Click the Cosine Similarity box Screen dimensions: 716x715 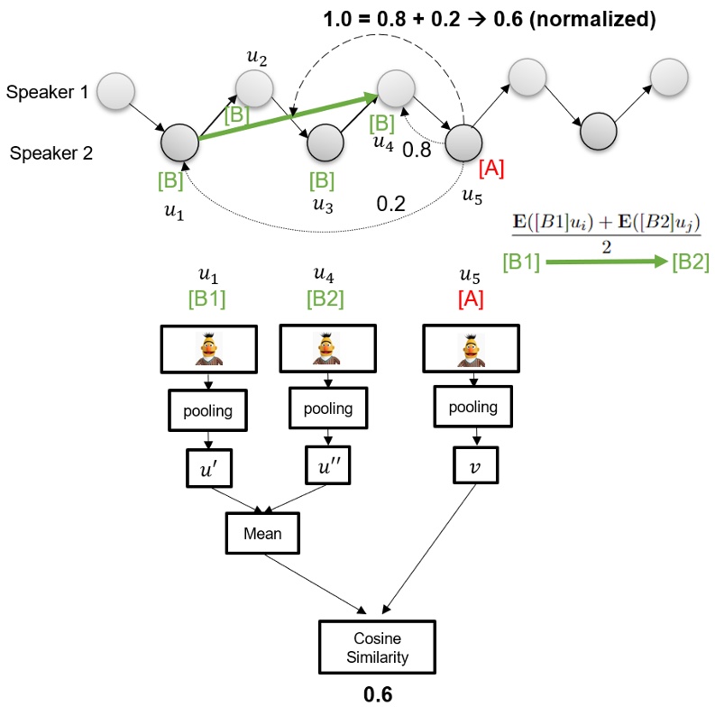tap(376, 647)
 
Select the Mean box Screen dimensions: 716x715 tap(261, 534)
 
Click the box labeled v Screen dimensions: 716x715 tap(475, 467)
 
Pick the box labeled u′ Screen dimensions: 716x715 tap(210, 468)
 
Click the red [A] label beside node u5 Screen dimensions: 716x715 tap(491, 167)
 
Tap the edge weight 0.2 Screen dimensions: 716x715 tap(390, 203)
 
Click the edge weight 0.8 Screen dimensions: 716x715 tap(417, 151)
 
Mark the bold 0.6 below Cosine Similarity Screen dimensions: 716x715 tap(377, 695)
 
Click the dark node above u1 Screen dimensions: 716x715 tap(179, 142)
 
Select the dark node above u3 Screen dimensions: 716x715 tap(325, 142)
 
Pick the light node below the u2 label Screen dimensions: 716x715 tap(253, 87)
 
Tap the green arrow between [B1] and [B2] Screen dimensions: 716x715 tap(605, 262)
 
